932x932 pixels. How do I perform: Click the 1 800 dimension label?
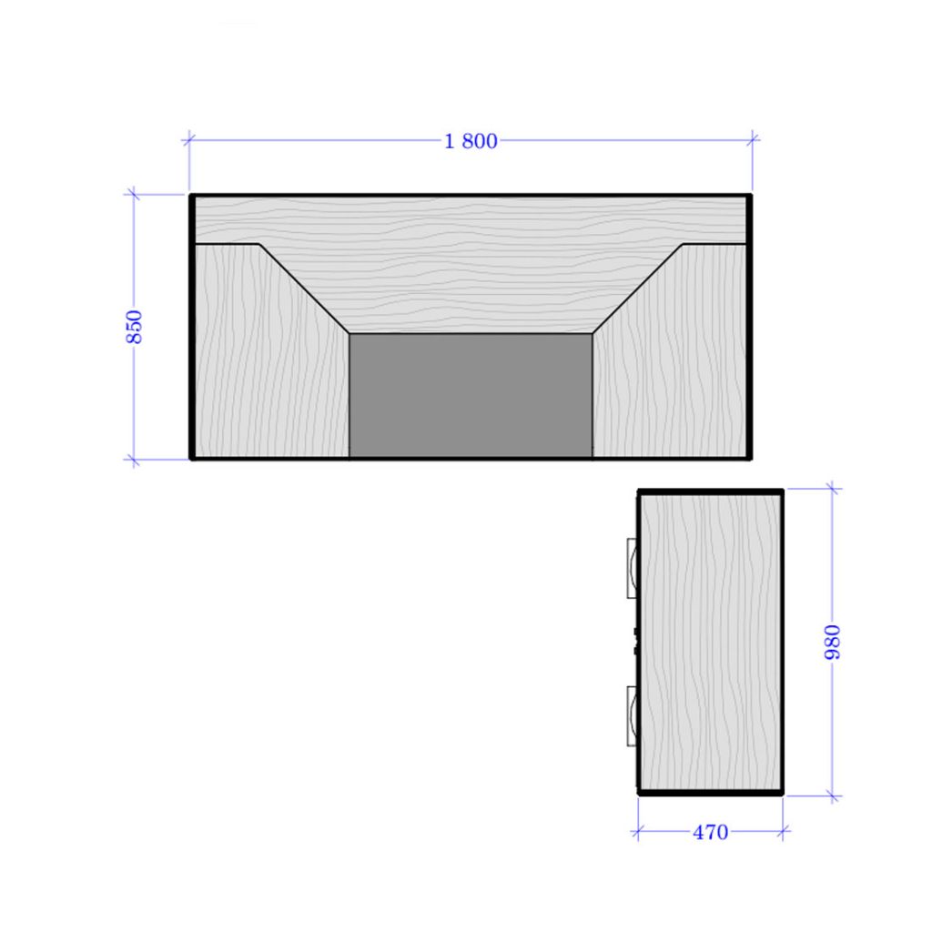471,141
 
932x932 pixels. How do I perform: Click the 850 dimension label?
135,327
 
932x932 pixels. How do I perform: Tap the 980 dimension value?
833,642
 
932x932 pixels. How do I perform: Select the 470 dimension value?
710,832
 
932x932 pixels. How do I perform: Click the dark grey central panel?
471,395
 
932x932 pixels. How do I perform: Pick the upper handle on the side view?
633,568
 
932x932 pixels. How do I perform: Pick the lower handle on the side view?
633,715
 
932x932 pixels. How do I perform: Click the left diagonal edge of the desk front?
304,289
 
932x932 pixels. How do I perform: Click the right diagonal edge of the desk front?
637,289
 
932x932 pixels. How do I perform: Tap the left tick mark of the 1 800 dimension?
189,140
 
